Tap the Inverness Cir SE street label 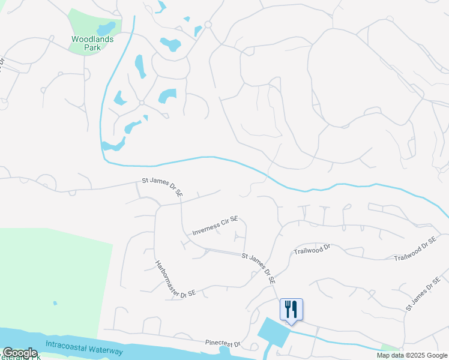(x=215, y=226)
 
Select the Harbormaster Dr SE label (x=175, y=279)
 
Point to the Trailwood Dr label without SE (x=313, y=249)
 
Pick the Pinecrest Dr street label (x=222, y=343)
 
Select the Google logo (x=20, y=353)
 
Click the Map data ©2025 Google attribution (x=411, y=355)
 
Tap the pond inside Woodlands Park (x=106, y=28)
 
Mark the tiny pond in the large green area (x=55, y=303)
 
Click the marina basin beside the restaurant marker (x=273, y=331)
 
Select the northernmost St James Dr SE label (x=162, y=187)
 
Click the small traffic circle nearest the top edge (x=208, y=25)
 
